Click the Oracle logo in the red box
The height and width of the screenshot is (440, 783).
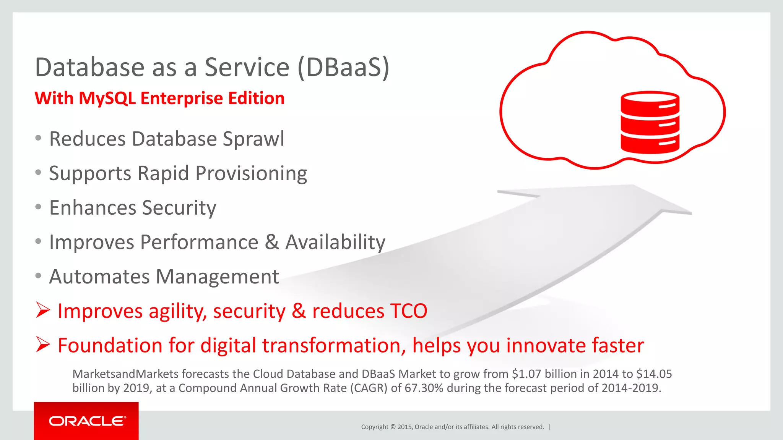(x=87, y=421)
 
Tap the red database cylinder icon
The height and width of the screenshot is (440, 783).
(x=650, y=122)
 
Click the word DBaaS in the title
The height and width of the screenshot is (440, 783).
(x=343, y=67)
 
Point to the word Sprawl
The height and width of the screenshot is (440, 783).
(x=253, y=139)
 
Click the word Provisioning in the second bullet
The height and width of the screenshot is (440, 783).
(x=251, y=174)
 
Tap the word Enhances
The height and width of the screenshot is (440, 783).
(x=93, y=208)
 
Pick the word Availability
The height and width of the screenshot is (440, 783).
(x=335, y=242)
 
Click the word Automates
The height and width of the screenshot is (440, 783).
(x=99, y=277)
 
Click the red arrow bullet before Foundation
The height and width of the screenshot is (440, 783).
(x=43, y=345)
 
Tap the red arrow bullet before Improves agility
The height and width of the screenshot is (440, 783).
(x=43, y=310)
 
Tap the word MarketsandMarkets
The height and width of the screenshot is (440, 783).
(x=125, y=374)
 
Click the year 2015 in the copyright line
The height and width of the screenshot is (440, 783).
(x=404, y=427)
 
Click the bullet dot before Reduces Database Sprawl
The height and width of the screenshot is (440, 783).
(x=38, y=138)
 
